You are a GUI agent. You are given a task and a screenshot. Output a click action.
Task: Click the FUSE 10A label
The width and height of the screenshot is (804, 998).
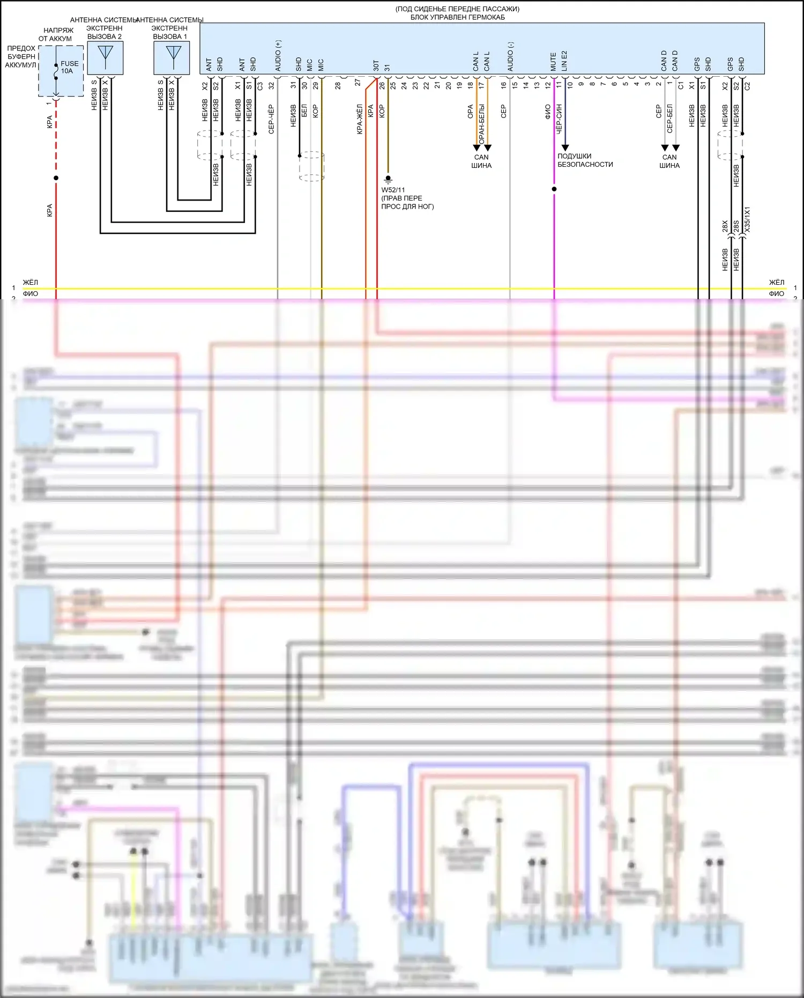(x=69, y=67)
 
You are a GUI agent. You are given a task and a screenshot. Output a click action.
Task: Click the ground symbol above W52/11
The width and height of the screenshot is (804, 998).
(x=388, y=179)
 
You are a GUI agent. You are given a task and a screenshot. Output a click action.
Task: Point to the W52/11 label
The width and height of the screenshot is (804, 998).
(x=393, y=190)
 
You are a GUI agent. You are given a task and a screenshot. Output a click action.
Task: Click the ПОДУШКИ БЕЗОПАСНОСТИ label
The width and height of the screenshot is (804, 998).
(x=585, y=160)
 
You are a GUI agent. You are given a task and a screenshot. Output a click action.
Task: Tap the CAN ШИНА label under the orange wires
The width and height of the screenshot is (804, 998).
(x=481, y=161)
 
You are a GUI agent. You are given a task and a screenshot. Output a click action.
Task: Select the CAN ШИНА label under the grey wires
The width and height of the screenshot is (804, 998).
(x=669, y=161)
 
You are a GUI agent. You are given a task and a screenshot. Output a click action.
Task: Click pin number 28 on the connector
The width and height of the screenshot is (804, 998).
(x=338, y=85)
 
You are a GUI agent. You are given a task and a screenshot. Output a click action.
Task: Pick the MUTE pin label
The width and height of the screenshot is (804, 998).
(x=553, y=62)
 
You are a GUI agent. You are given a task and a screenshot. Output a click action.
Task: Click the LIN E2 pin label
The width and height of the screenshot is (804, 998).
(x=564, y=61)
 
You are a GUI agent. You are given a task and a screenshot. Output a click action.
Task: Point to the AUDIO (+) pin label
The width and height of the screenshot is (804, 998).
(x=278, y=56)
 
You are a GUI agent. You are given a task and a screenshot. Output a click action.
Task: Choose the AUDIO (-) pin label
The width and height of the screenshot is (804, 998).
(x=510, y=56)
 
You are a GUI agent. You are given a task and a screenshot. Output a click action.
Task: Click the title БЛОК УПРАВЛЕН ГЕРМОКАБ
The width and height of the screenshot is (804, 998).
(x=457, y=17)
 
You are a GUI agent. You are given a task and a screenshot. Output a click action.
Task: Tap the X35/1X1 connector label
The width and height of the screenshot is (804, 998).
(x=747, y=219)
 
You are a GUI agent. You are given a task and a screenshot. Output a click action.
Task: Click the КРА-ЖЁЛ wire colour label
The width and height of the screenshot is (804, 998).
(x=360, y=119)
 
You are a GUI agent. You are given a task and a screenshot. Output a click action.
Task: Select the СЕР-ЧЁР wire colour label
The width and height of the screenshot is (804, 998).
(x=271, y=119)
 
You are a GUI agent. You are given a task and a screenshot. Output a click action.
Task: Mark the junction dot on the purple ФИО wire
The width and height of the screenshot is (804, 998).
(x=554, y=189)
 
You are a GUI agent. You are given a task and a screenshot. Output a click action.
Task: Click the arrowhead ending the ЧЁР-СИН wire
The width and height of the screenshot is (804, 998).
(x=565, y=147)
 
